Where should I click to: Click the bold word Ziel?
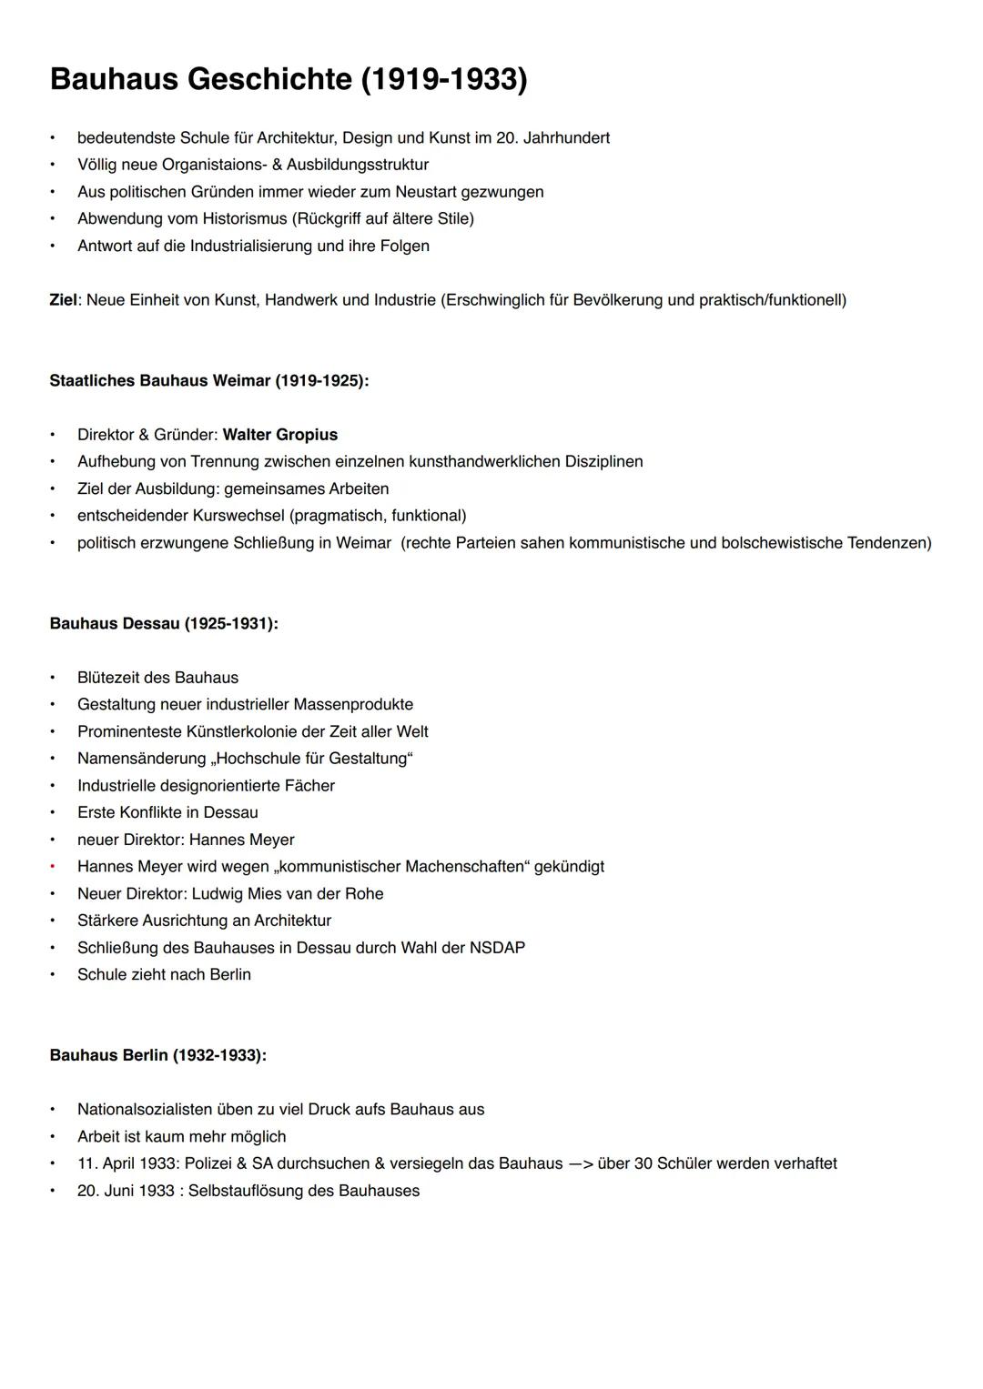pyautogui.click(x=63, y=300)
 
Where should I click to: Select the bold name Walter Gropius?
pyautogui.click(x=280, y=435)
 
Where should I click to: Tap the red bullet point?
pyautogui.click(x=53, y=867)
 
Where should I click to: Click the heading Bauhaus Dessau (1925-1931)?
pyautogui.click(x=164, y=624)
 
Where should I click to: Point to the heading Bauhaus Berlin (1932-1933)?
pyautogui.click(x=158, y=1055)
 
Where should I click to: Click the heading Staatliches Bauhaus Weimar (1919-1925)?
pyautogui.click(x=209, y=381)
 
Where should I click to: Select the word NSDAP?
pyautogui.click(x=497, y=948)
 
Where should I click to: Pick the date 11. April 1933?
pyautogui.click(x=127, y=1163)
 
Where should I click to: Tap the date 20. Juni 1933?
pyautogui.click(x=126, y=1191)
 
